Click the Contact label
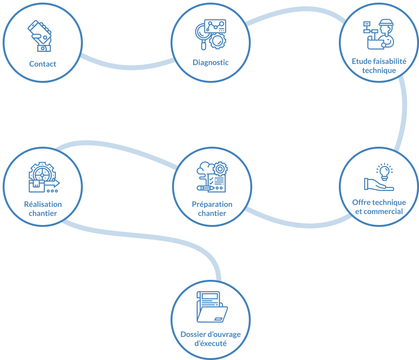[42, 64]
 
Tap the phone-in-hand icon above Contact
[40, 36]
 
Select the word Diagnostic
[211, 62]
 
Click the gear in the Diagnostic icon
[217, 41]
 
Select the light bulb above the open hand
[385, 171]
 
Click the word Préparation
[212, 204]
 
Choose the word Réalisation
[43, 204]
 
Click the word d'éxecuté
[211, 343]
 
